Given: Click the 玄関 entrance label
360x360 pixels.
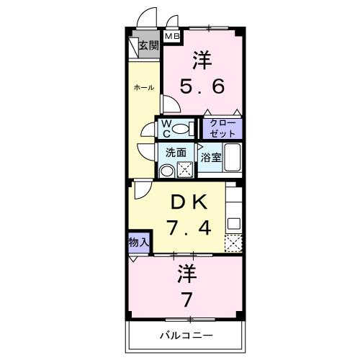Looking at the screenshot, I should pos(148,45).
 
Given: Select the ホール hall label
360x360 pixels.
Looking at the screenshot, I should pos(143,87).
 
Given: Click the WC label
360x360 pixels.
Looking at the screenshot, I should pos(166,129).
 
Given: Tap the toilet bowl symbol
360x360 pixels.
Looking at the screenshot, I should pos(184,130).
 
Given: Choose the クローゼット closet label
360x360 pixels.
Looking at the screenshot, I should pos(222,128).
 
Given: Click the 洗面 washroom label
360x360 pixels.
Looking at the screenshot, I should pos(176,153).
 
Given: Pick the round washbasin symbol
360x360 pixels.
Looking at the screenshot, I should pos(167,171).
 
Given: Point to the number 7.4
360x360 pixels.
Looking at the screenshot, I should pos(188,229).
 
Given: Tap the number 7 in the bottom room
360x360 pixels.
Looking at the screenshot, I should pos(187,297).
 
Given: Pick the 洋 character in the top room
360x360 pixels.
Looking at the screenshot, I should pos(202,60).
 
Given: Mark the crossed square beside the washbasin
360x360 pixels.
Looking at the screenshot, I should pos(184,171).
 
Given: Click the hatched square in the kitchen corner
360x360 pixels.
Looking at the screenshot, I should pos(233,243).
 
